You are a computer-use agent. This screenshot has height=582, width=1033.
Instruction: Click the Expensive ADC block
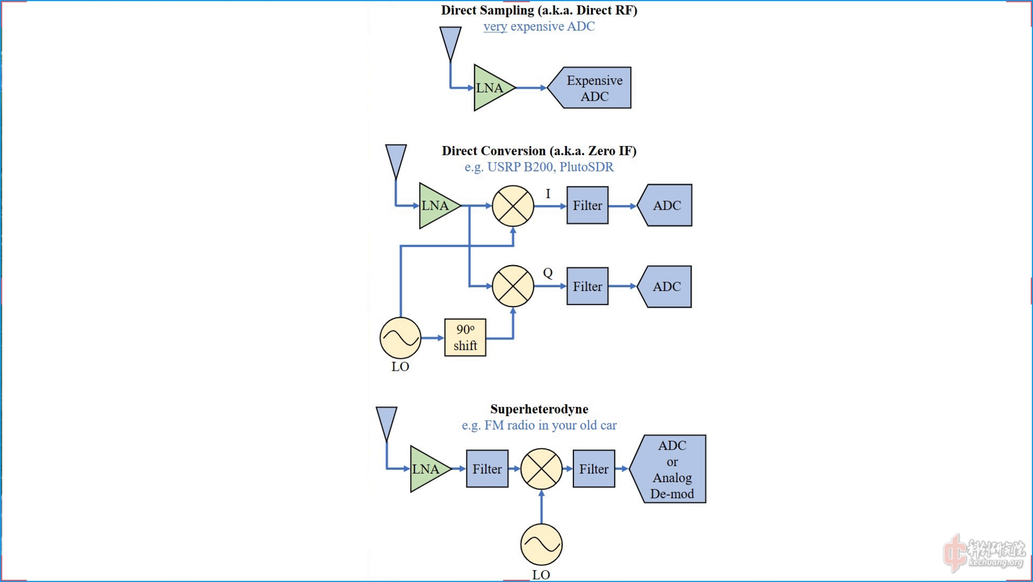(592, 88)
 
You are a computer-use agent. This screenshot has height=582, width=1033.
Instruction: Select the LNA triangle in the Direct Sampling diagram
(491, 88)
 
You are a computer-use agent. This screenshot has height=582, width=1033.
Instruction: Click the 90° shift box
(465, 337)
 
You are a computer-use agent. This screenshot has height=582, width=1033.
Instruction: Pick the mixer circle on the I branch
(512, 206)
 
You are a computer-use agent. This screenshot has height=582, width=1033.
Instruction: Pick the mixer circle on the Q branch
(512, 286)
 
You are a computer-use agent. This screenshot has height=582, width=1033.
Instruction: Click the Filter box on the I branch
(587, 205)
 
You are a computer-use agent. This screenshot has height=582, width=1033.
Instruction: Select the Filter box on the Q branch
(587, 286)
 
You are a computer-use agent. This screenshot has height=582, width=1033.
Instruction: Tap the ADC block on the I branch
(666, 205)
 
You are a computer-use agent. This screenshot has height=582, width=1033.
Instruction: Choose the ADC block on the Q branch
(666, 287)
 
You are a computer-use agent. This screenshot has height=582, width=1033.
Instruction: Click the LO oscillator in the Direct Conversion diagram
(400, 338)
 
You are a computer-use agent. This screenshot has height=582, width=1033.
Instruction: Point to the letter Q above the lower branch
(547, 273)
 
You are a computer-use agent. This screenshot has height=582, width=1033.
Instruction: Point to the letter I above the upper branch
(548, 193)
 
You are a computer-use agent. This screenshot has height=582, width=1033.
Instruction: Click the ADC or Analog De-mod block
(671, 469)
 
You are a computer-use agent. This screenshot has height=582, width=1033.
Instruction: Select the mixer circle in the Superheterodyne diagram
(541, 469)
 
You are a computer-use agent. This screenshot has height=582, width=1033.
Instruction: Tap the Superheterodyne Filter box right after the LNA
(487, 469)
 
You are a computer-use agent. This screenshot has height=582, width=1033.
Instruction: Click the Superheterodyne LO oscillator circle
(541, 544)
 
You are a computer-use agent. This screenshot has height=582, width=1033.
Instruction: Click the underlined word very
(495, 26)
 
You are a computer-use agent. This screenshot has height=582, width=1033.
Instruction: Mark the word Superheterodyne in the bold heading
(539, 409)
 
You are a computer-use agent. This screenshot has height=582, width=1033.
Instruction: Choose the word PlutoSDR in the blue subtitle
(586, 167)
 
